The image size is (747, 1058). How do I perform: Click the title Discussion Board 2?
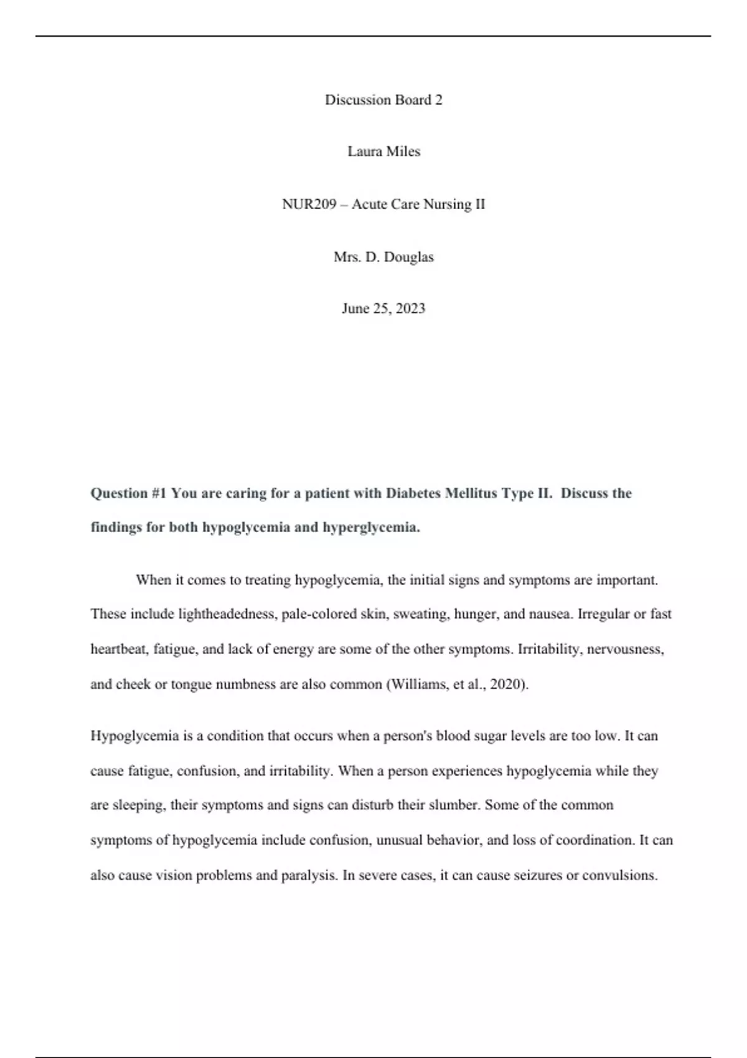383,100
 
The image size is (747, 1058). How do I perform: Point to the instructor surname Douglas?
408,257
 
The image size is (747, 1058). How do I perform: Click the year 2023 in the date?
410,309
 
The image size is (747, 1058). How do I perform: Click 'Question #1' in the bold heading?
129,494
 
